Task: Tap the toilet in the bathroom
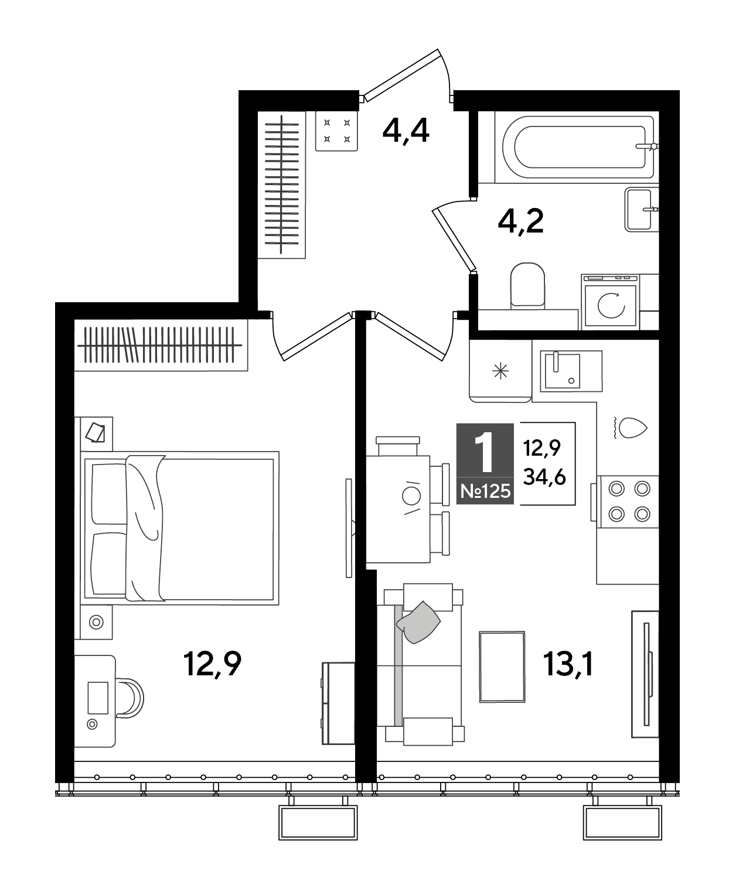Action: (x=527, y=285)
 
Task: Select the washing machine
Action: (x=611, y=302)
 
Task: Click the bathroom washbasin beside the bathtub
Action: (x=641, y=210)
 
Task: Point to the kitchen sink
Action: (x=571, y=371)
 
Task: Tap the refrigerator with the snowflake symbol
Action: (x=500, y=371)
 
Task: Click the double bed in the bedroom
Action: (x=180, y=528)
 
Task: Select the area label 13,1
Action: (x=569, y=664)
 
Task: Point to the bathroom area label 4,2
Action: (x=521, y=221)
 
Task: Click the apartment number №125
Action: (x=486, y=491)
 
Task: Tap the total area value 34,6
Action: (x=544, y=478)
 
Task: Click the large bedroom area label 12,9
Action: (x=213, y=664)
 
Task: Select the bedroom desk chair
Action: (x=130, y=698)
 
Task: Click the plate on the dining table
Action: (x=411, y=496)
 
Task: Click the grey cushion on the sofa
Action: (x=418, y=622)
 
